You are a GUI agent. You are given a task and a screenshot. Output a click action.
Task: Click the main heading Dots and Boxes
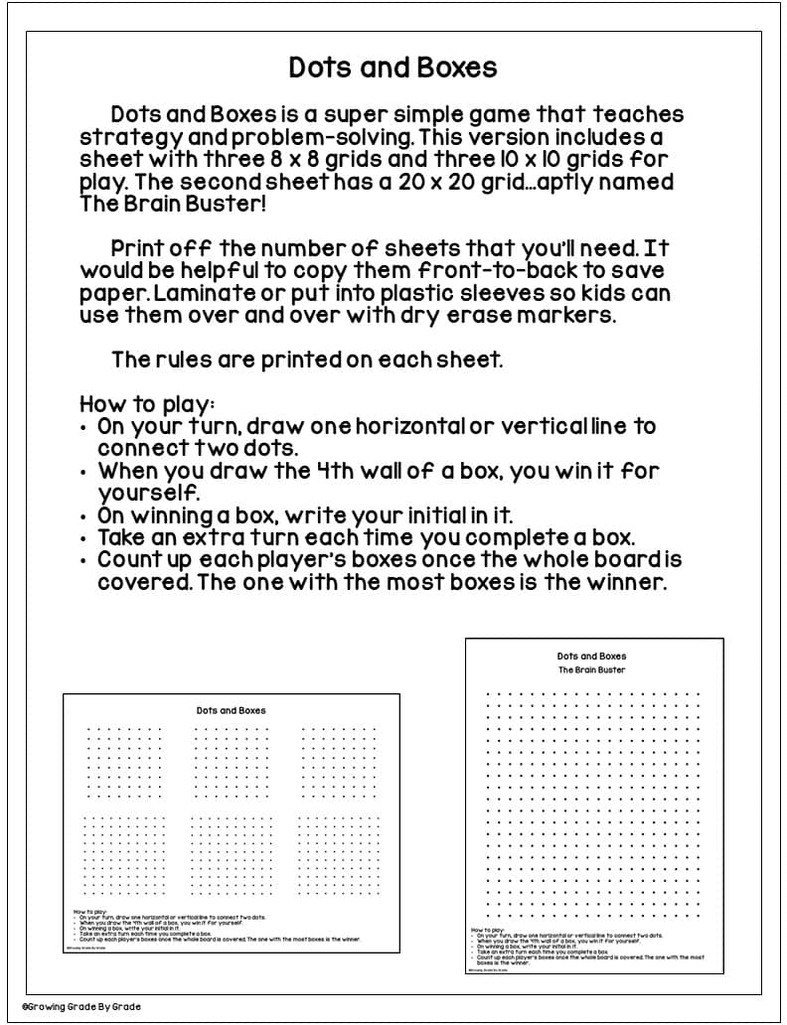pos(393,68)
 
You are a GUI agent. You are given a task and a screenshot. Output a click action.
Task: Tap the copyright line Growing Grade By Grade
pos(81,1006)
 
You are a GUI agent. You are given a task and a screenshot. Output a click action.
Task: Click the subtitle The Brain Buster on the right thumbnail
pos(591,670)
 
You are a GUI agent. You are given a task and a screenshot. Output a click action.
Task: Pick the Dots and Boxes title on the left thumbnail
pos(231,711)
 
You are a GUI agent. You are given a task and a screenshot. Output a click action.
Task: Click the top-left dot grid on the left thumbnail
pos(124,762)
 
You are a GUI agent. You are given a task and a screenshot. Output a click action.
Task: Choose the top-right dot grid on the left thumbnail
pos(339,762)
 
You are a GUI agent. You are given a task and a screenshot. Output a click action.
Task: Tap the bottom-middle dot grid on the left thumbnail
pos(231,855)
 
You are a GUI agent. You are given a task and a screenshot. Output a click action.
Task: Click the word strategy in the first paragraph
pos(126,137)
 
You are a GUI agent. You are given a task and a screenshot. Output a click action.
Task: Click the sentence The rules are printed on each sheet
pos(307,360)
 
